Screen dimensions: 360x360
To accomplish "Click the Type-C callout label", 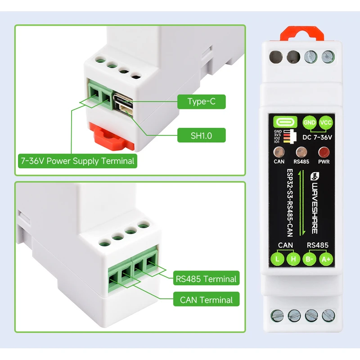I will tap(201, 102).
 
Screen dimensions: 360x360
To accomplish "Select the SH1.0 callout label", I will tap(201, 135).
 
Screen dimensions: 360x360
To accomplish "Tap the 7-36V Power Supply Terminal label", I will tap(77, 161).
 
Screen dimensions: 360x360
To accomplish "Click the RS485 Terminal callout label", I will tap(206, 279).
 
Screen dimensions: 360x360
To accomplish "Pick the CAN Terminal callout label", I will tap(206, 300).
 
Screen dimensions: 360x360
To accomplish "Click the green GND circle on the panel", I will tap(309, 122).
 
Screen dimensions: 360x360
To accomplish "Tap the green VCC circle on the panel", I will tap(325, 122).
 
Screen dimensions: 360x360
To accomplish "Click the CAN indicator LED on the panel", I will tap(279, 152).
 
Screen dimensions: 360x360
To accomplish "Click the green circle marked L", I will tap(277, 259).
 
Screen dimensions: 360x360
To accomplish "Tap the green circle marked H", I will tap(293, 259).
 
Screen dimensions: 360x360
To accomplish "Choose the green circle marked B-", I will tap(309, 259).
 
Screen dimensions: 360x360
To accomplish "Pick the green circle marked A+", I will tap(325, 259).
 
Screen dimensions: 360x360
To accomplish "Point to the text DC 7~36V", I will tap(317, 136).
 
